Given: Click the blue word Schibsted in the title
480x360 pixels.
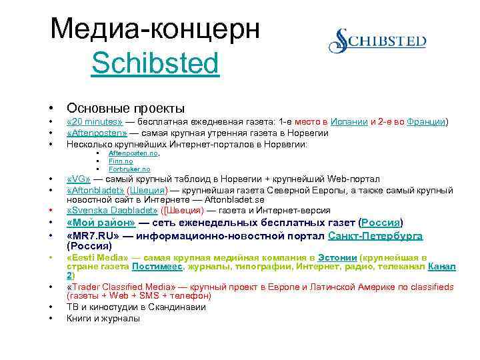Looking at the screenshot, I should (x=155, y=64).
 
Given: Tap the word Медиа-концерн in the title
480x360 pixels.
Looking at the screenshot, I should (x=155, y=29).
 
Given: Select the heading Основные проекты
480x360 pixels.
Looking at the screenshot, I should (x=125, y=108).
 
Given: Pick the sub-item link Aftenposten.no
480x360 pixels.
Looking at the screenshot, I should (x=133, y=153).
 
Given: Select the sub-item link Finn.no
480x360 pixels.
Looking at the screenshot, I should (x=121, y=161).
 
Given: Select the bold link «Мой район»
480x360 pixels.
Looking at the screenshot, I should (x=101, y=223).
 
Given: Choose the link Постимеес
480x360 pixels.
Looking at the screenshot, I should (x=159, y=267).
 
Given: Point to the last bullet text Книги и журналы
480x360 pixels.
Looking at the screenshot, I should (x=103, y=319).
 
